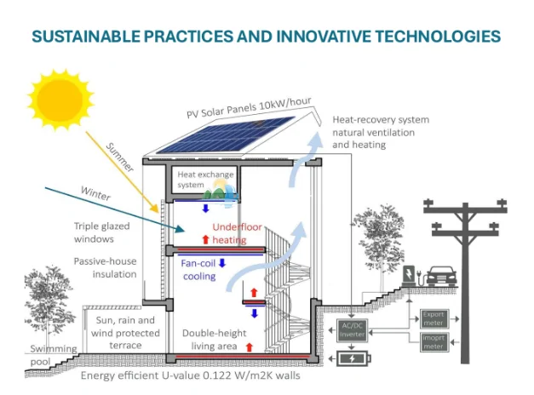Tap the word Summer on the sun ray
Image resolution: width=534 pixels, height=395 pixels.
tap(120, 157)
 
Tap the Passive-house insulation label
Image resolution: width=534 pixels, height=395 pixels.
tap(105, 267)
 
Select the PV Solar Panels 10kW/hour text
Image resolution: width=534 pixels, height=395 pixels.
tap(243, 109)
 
